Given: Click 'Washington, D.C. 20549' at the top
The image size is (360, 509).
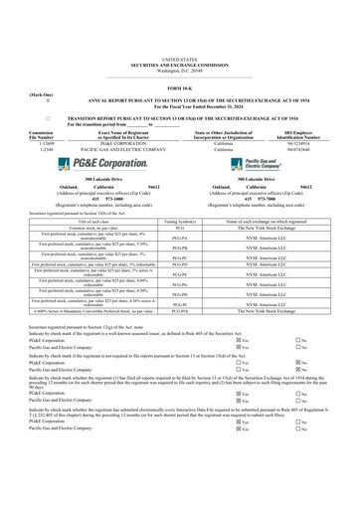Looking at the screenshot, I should (x=179, y=46).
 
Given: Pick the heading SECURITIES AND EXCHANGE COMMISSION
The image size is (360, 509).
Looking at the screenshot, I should (x=179, y=40).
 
